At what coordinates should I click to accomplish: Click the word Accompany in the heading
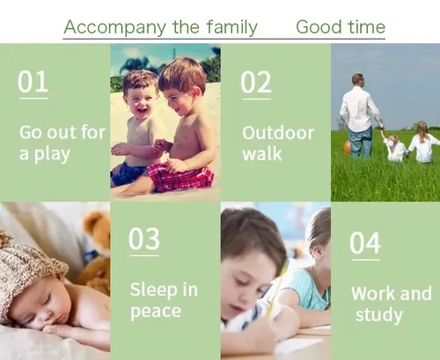tap(115, 27)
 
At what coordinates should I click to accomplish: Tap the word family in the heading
tap(231, 27)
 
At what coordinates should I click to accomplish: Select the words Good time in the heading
tap(341, 27)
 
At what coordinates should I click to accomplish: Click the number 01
tap(33, 82)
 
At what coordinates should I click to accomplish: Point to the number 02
tap(256, 82)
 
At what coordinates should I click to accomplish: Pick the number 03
tap(144, 239)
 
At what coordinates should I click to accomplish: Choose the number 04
tap(365, 243)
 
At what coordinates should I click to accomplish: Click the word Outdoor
tap(278, 133)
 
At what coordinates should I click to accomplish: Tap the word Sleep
tap(154, 290)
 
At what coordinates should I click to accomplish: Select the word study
tap(379, 315)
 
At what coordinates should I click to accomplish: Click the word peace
tap(156, 312)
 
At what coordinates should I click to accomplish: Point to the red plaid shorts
tap(180, 177)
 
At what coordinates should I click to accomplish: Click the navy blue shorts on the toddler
tap(128, 174)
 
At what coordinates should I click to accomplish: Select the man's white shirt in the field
tap(359, 108)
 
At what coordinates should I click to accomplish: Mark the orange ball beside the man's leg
tap(348, 146)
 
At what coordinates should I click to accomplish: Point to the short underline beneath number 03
tap(144, 256)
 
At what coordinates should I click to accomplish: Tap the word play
tap(52, 155)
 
